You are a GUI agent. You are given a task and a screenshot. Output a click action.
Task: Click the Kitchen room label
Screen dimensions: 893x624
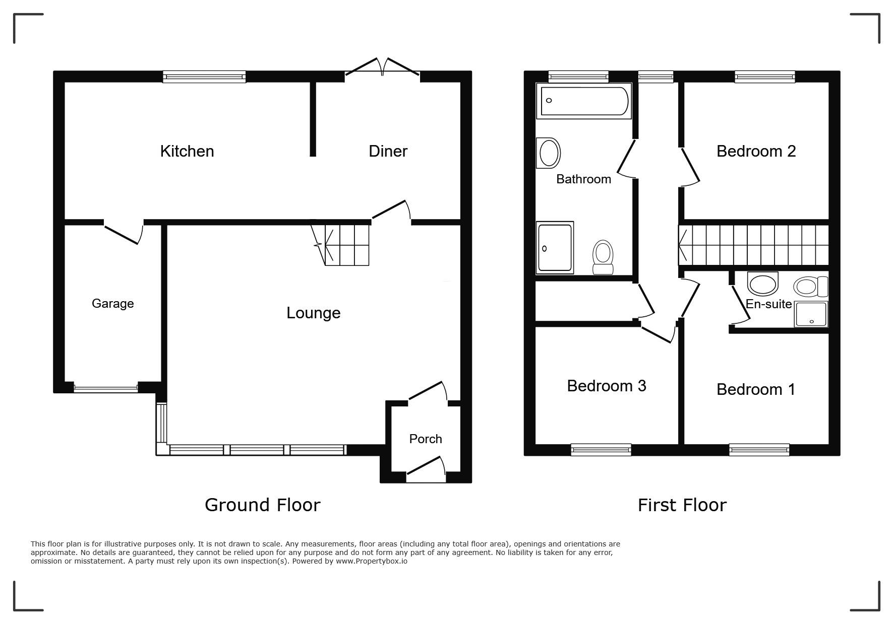tap(187, 151)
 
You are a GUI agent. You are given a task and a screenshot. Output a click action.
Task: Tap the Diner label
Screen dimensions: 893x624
tap(388, 151)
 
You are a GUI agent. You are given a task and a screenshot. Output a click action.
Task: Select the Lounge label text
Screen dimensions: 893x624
tap(313, 313)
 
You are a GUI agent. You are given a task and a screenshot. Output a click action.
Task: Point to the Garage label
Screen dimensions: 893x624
tap(112, 303)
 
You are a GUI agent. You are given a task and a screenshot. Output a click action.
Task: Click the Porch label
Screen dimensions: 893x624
tap(426, 439)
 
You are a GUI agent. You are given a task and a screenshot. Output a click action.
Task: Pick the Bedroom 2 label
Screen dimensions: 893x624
tap(756, 151)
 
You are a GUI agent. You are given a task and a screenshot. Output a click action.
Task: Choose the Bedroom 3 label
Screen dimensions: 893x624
tap(606, 386)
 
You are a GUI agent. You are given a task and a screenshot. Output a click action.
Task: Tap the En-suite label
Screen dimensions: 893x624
tap(768, 304)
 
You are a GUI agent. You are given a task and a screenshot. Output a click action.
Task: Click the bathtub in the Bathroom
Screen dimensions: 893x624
tap(584, 101)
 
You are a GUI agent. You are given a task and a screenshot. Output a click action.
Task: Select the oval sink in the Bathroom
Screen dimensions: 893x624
tap(549, 153)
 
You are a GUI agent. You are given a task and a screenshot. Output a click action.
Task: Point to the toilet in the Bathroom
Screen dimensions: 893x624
tap(603, 257)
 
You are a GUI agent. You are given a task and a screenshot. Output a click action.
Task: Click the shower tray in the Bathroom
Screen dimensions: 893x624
tap(555, 247)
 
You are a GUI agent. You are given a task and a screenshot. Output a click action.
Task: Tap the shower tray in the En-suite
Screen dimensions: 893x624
tap(811, 314)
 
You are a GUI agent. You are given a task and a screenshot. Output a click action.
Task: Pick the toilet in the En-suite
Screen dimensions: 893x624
tap(811, 287)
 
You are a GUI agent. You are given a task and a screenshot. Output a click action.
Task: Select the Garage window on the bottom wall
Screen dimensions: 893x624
tap(106, 388)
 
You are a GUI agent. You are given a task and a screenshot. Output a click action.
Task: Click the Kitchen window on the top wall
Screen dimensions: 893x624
tap(204, 77)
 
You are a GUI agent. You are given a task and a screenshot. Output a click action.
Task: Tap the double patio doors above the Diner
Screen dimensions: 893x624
tap(383, 68)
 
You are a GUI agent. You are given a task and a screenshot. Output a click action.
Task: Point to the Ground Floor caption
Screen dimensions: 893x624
tap(263, 505)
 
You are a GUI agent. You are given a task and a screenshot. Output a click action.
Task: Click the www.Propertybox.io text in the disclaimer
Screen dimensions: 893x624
tap(372, 561)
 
